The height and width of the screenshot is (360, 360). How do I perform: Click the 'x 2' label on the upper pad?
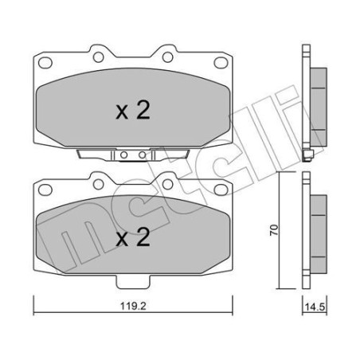click(132, 112)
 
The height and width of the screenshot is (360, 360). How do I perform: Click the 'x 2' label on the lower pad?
click(132, 237)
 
